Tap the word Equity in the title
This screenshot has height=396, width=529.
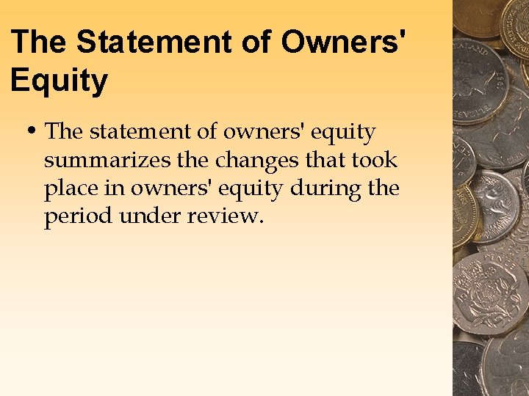[59, 80]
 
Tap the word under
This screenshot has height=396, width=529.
[151, 216]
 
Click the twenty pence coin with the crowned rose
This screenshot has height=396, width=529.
[490, 294]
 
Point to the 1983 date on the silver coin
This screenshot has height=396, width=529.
[500, 76]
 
